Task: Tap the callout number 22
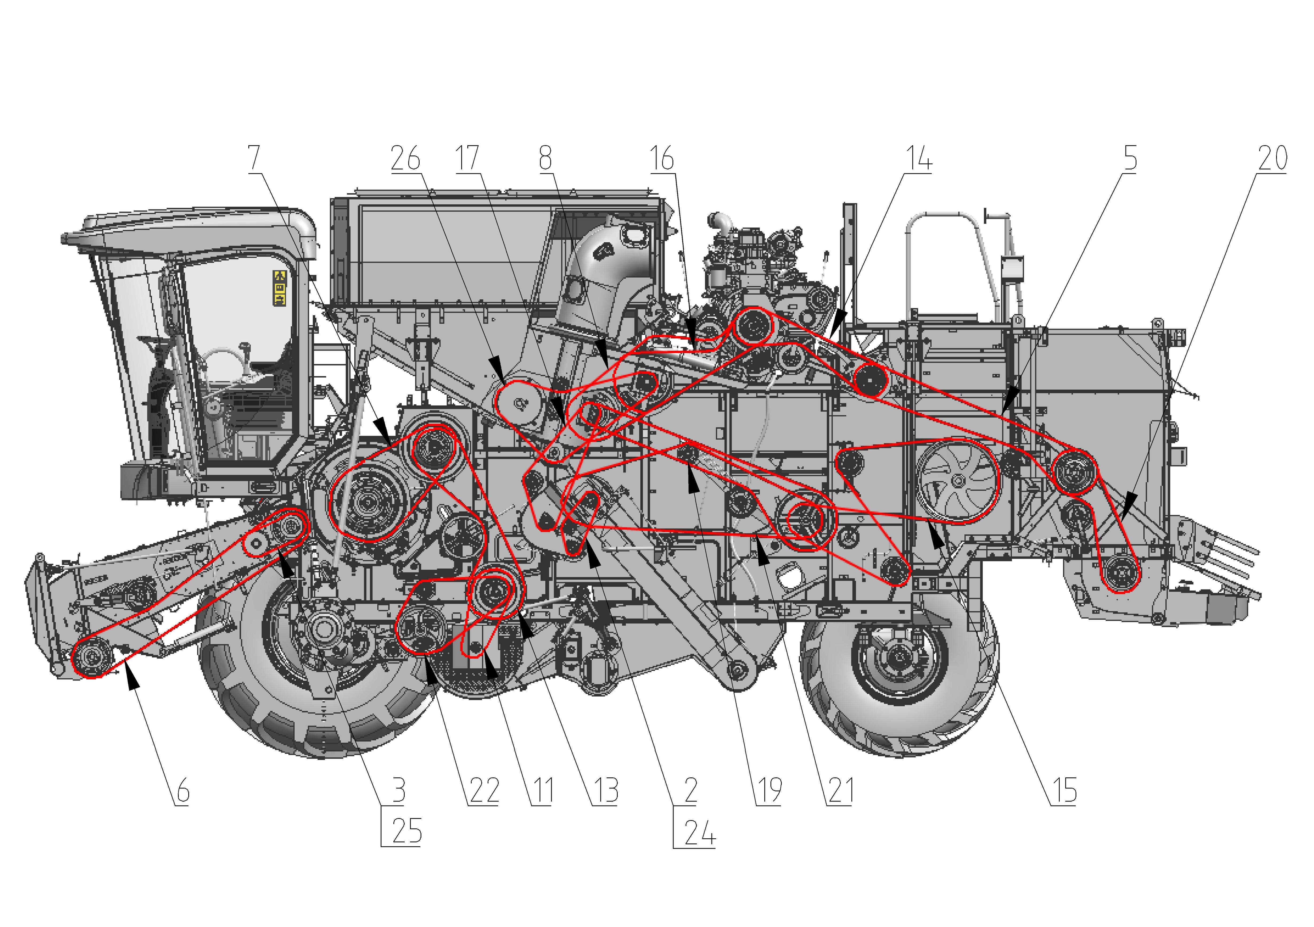tap(484, 791)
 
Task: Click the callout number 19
tap(770, 791)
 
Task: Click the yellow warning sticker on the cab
tap(279, 288)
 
